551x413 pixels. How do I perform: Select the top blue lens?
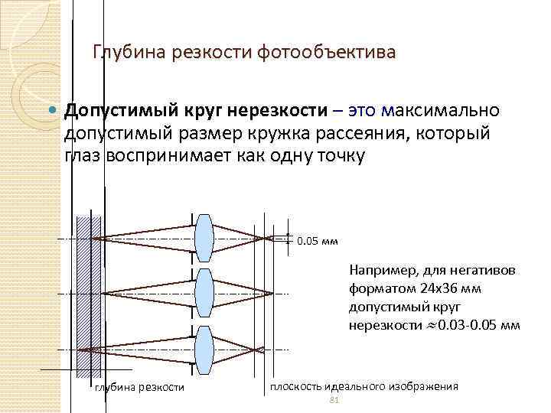point(204,238)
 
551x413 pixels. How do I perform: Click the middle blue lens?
point(204,293)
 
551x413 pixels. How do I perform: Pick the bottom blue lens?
point(204,349)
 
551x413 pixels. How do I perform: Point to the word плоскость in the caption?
point(295,386)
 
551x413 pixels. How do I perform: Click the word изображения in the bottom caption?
point(424,386)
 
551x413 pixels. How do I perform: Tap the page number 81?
point(332,401)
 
